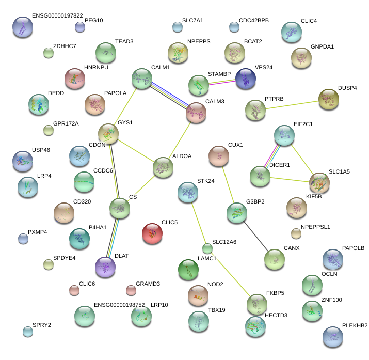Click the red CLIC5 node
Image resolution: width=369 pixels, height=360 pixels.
click(152, 233)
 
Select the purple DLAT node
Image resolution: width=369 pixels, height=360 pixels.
click(106, 267)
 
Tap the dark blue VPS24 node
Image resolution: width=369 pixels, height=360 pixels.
click(245, 78)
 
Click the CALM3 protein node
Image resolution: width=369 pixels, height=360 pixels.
click(196, 113)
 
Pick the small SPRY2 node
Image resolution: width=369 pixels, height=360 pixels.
click(27, 331)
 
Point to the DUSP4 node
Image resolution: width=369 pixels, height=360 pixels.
click(328, 99)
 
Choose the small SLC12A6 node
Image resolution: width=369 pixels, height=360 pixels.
click(207, 248)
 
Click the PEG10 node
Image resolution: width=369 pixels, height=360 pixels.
click(79, 27)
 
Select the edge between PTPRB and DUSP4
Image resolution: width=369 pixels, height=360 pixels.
click(292, 105)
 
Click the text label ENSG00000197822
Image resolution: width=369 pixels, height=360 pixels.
click(57, 15)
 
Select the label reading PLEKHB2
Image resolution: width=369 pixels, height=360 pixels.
click(355, 326)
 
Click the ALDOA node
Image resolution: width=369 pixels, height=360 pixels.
click(163, 167)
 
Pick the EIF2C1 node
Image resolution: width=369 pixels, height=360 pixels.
click(284, 135)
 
